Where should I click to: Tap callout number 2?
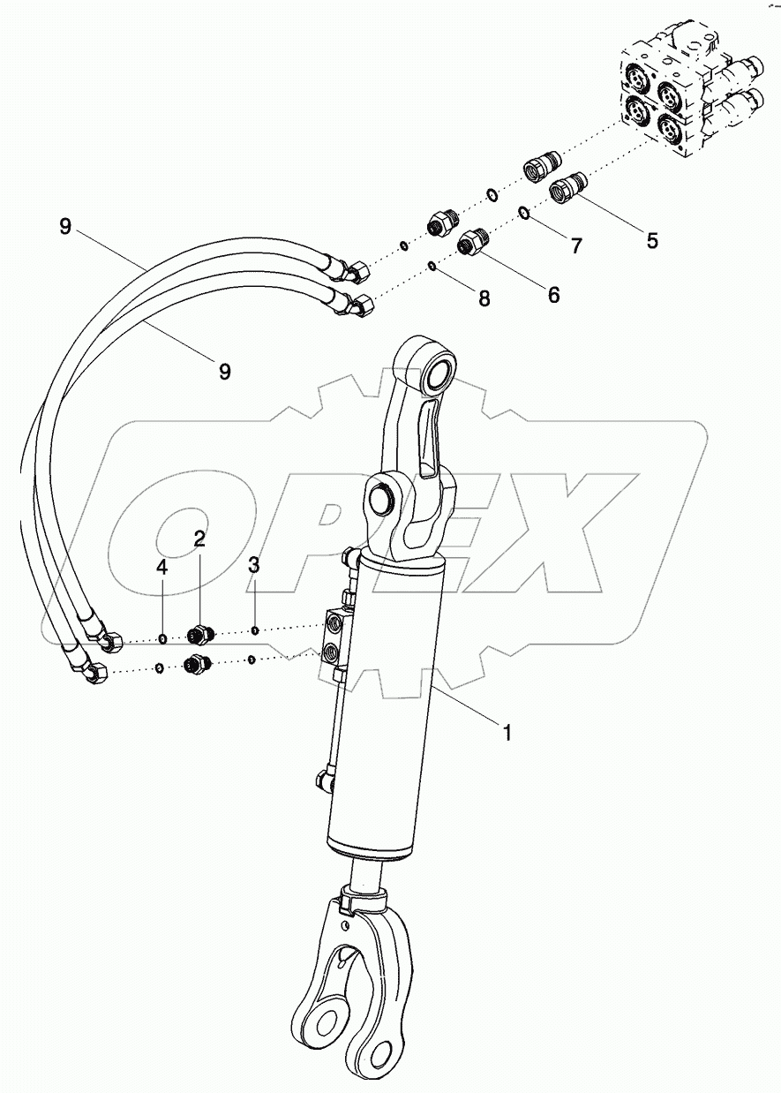[x=200, y=539]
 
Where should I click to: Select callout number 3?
[x=254, y=565]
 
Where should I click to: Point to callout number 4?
[x=162, y=568]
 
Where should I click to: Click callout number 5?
[x=652, y=239]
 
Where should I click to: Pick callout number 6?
[x=553, y=295]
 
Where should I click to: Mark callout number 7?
[x=576, y=246]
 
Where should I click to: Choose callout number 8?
[x=484, y=298]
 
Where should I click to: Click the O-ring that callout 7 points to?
[x=524, y=212]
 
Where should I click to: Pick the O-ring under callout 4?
[x=163, y=637]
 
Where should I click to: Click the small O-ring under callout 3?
[x=254, y=630]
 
